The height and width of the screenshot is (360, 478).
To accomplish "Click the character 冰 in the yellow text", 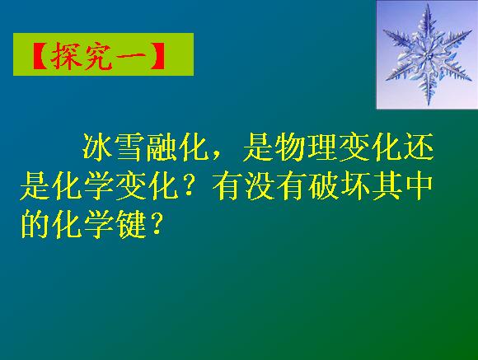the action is coord(97,147).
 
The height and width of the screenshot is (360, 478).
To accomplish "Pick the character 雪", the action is coord(129,147).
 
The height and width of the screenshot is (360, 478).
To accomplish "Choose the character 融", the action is coord(162,147).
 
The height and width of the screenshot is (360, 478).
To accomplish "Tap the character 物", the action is coord(289,147).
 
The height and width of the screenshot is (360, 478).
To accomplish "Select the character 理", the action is coord(321,147).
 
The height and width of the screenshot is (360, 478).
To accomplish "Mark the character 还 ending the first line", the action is coord(419,147).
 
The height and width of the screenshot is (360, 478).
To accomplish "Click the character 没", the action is coord(258,186).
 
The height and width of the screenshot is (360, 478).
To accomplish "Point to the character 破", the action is coord(322,186).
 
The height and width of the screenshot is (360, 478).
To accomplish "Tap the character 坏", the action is coord(354,186).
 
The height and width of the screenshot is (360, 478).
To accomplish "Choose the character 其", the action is coord(386,186).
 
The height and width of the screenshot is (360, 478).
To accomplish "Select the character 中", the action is coord(419,186).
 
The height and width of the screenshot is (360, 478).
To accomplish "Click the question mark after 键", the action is coord(156,225).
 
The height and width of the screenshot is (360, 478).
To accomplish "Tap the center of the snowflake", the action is coord(428,55).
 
